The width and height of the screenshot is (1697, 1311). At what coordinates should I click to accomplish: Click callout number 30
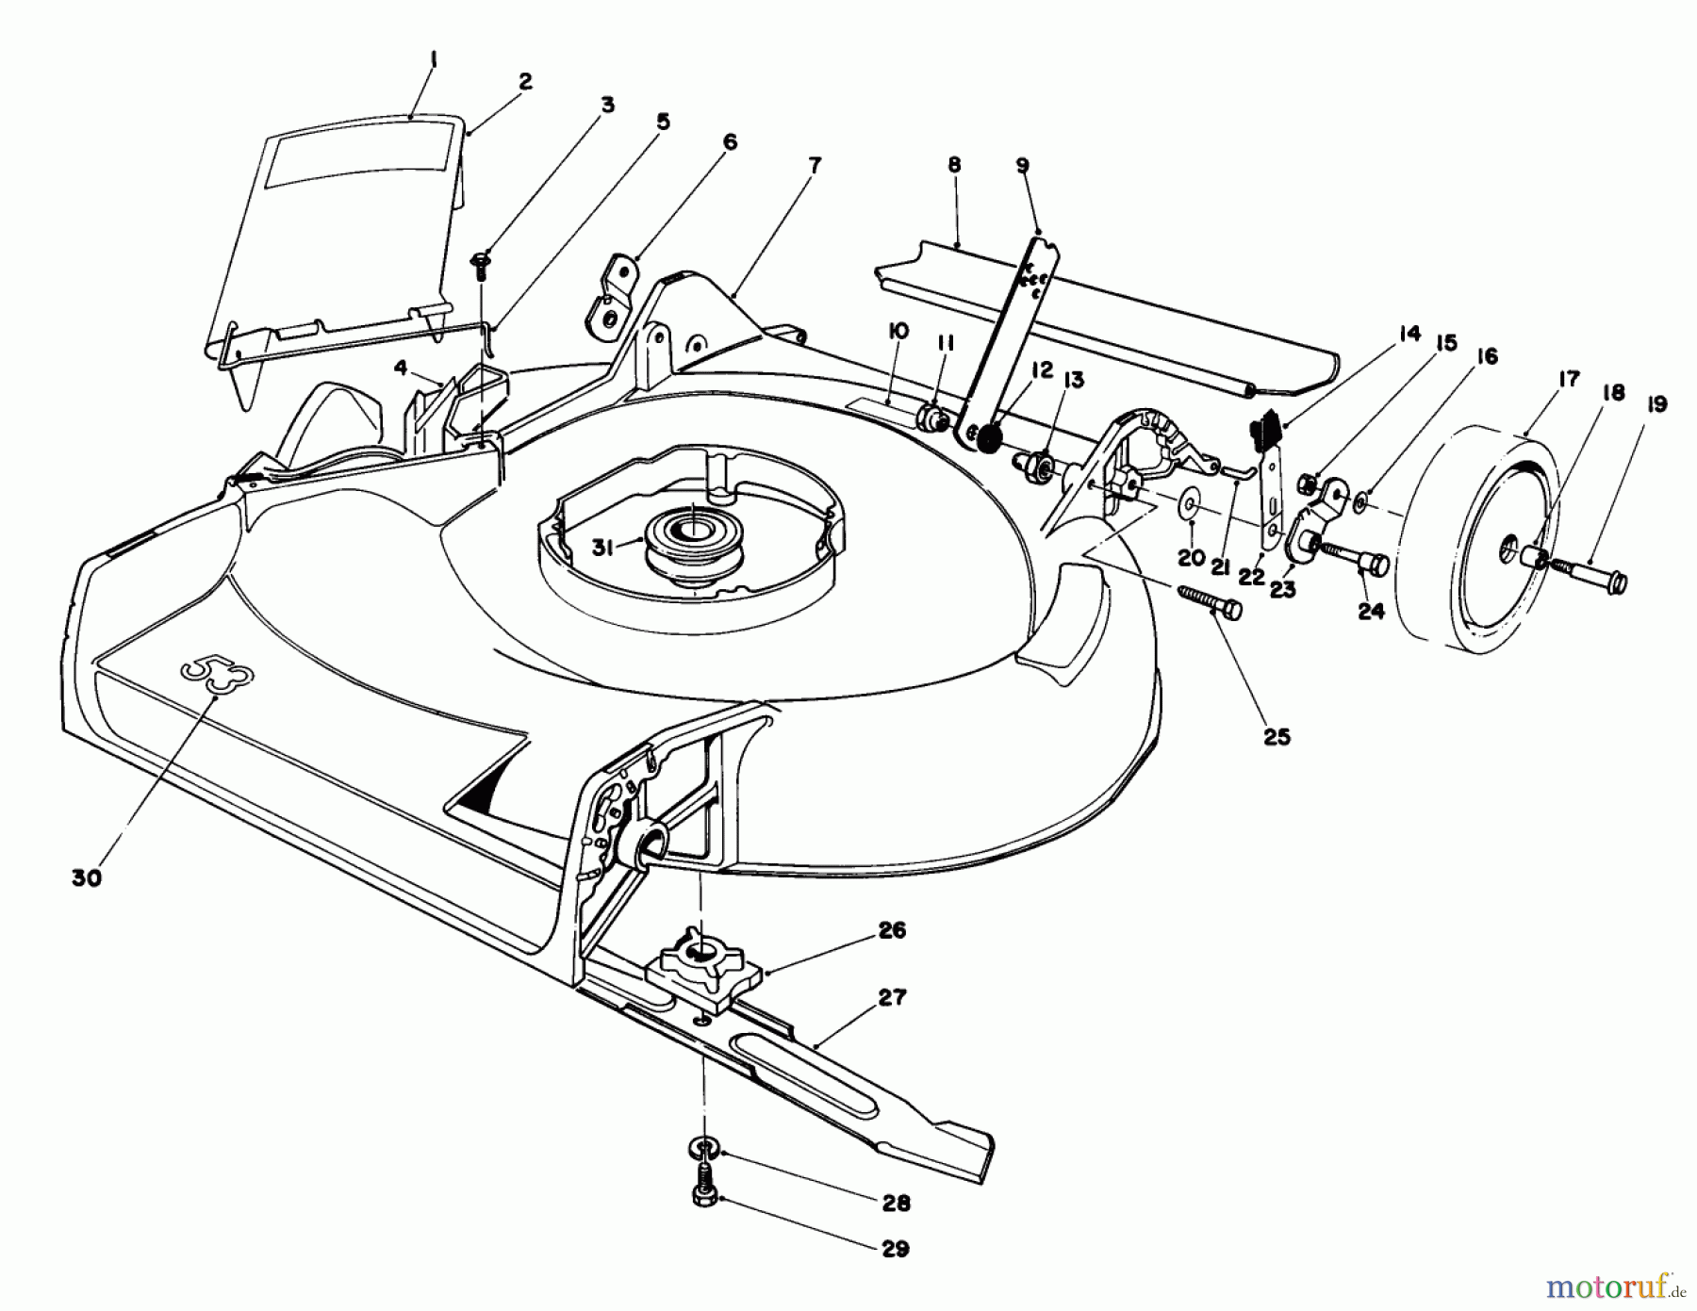[86, 877]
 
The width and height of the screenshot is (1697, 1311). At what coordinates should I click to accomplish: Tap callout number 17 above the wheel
[1569, 381]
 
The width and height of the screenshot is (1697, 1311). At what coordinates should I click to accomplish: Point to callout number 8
[954, 164]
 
